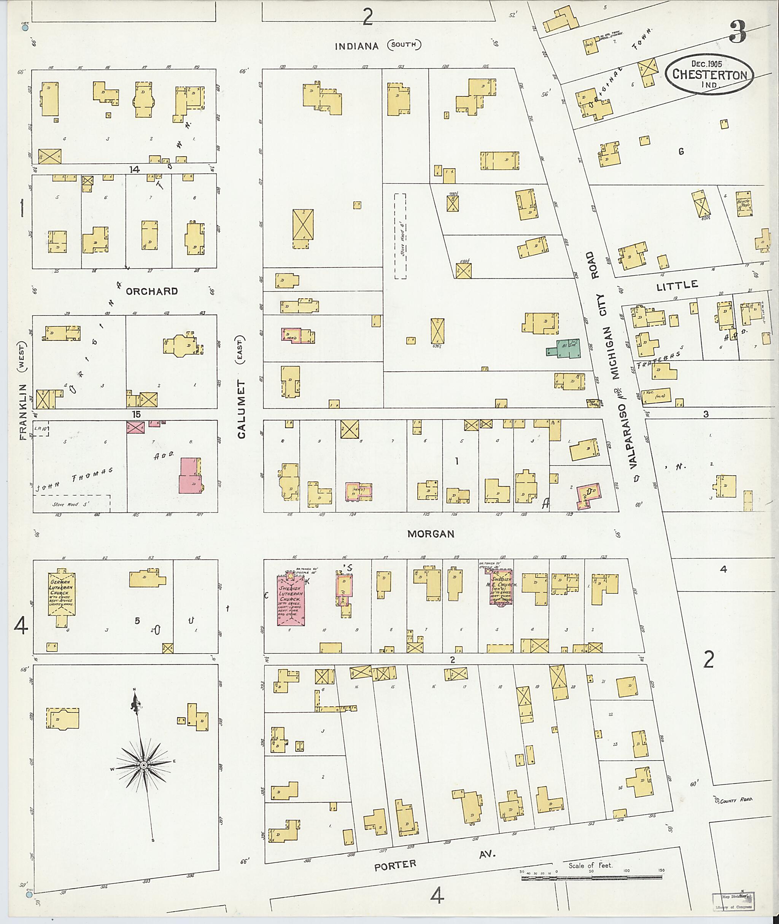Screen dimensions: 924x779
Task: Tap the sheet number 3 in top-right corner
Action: pyautogui.click(x=738, y=32)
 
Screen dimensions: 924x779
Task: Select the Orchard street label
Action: pyautogui.click(x=151, y=291)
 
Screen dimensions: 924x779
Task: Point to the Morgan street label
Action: pyautogui.click(x=431, y=534)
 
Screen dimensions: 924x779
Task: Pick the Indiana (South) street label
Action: pyautogui.click(x=378, y=46)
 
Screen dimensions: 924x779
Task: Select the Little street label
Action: pyautogui.click(x=677, y=286)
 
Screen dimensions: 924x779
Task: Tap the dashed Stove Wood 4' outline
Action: pyautogui.click(x=400, y=236)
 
